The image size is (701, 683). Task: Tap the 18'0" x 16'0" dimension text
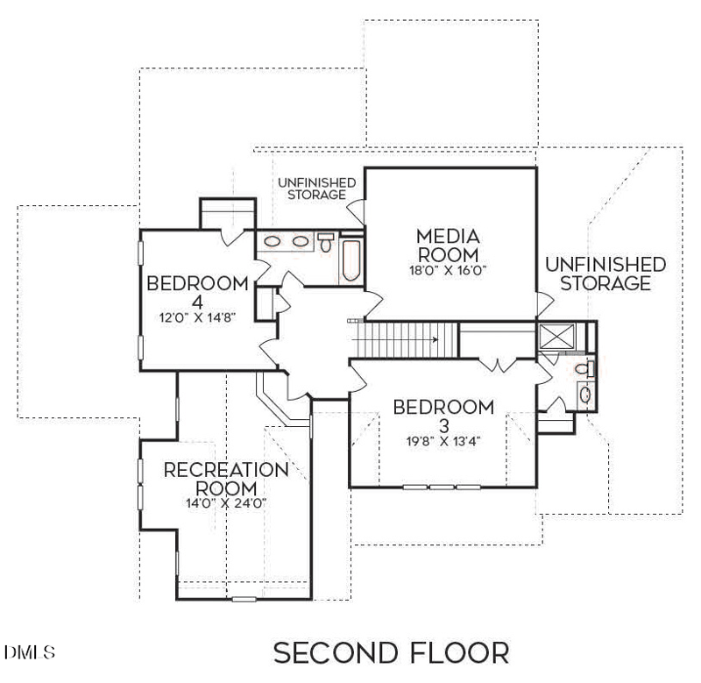tap(448, 270)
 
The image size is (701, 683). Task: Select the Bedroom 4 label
tap(197, 291)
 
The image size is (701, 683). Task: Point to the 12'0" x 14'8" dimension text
tap(197, 317)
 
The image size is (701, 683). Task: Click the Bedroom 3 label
tap(443, 416)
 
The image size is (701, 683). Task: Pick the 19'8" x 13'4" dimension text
tap(443, 440)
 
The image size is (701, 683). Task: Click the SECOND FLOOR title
tap(391, 653)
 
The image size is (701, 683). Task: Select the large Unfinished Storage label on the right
tap(605, 274)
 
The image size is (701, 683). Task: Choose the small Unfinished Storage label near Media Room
tap(316, 189)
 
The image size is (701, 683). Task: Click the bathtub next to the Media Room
tap(352, 261)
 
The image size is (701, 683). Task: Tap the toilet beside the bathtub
tap(326, 242)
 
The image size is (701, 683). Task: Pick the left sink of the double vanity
tap(273, 241)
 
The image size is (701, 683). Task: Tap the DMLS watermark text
tap(30, 653)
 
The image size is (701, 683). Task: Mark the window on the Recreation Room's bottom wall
tap(244, 600)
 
